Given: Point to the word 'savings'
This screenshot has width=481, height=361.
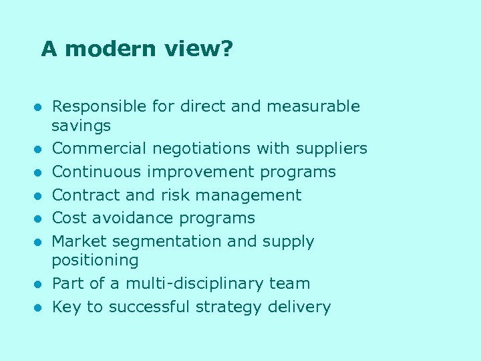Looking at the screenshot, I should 82,126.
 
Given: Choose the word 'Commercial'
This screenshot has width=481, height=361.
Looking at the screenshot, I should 100,148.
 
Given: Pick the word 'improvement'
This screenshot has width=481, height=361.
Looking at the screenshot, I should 201,172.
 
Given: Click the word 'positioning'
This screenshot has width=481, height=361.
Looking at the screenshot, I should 96,260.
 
